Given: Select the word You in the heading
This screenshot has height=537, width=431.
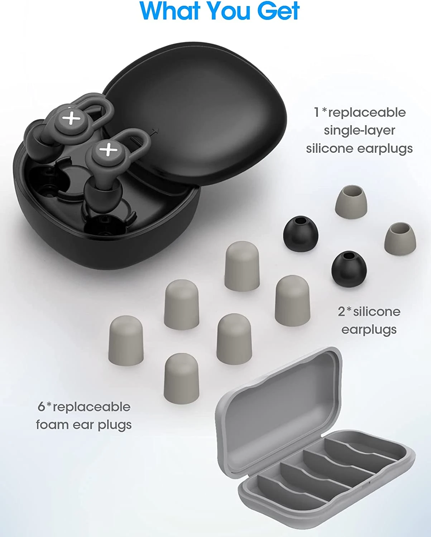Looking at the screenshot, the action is (x=230, y=10).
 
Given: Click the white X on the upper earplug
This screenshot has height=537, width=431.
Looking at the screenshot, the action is (x=71, y=117).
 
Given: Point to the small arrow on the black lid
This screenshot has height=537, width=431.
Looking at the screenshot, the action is (x=155, y=131).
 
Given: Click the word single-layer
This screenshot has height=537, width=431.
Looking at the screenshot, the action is (x=359, y=131).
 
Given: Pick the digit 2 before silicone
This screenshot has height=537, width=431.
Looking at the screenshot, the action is (x=342, y=312).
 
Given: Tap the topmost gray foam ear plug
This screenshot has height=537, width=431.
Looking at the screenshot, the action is (x=242, y=266).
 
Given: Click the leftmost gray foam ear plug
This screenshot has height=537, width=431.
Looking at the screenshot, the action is (x=126, y=340).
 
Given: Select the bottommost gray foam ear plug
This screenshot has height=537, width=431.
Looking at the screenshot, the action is (x=181, y=378).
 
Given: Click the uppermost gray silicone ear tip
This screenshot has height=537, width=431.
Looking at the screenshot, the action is (x=351, y=202).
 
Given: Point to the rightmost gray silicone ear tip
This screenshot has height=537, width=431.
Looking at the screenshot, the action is (x=400, y=238).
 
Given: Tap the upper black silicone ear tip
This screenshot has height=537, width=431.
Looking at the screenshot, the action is (x=301, y=234).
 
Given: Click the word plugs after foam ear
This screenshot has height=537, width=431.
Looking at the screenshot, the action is (x=115, y=425).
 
